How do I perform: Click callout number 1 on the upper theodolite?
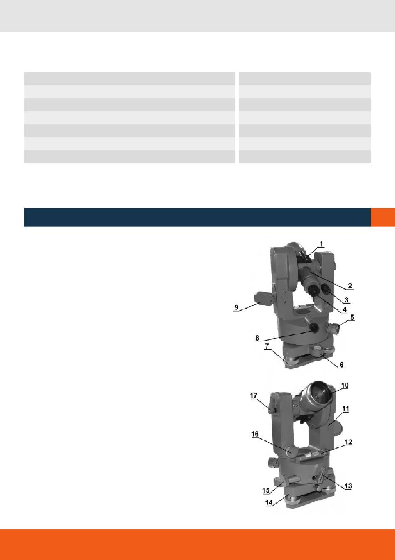(322, 244)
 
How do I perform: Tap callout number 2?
(350, 285)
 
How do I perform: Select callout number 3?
(346, 300)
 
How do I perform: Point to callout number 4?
(345, 309)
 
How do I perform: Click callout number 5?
(352, 317)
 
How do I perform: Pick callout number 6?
(342, 365)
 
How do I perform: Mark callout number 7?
(267, 346)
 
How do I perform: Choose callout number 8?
(257, 338)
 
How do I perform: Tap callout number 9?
(236, 307)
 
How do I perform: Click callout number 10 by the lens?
(345, 385)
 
